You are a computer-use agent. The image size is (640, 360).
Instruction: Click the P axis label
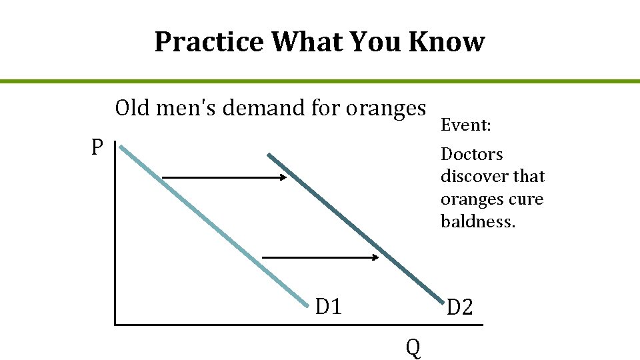click(x=97, y=147)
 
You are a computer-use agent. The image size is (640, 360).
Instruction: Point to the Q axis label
click(x=413, y=347)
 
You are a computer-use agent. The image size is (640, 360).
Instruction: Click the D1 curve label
click(x=329, y=307)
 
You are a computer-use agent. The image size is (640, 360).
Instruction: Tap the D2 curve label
click(x=459, y=307)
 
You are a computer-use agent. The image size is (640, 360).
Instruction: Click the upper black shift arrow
click(x=224, y=177)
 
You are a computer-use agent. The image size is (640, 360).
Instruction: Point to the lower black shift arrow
click(x=320, y=257)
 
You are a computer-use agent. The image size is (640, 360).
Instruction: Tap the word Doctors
click(x=472, y=154)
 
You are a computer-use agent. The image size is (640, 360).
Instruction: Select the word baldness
click(x=478, y=221)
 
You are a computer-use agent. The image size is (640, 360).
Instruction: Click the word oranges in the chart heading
click(x=386, y=107)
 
